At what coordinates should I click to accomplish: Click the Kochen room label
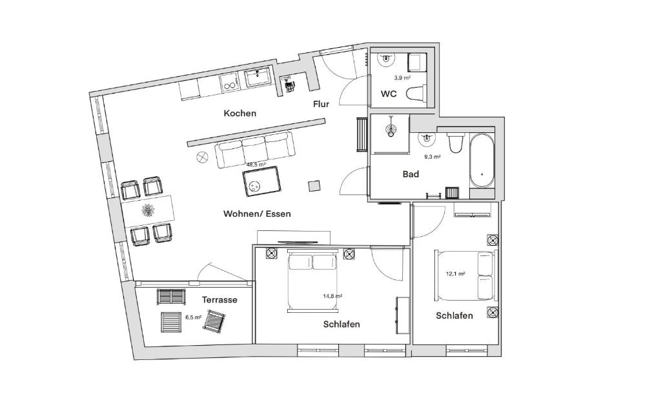coord(239,114)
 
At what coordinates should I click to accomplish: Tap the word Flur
coord(321,104)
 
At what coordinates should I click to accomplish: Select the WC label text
coord(389,94)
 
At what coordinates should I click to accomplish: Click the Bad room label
coord(411,174)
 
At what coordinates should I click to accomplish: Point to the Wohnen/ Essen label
coord(257,214)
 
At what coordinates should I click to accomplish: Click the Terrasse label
coord(219,300)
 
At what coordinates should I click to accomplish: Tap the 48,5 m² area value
coord(256,165)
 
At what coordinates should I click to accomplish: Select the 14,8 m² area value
coord(332,296)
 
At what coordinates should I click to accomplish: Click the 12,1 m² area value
coord(455,274)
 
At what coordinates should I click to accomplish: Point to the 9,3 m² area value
coord(432,157)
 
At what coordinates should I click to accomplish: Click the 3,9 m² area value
coord(402,77)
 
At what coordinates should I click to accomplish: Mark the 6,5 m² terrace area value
coord(194,317)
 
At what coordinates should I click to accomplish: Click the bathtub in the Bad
coord(482,160)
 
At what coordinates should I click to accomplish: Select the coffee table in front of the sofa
coord(262,182)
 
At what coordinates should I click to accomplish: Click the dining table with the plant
coord(148,210)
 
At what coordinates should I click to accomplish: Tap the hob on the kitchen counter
coord(229,82)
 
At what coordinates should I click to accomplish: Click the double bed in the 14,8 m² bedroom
coord(312,281)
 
